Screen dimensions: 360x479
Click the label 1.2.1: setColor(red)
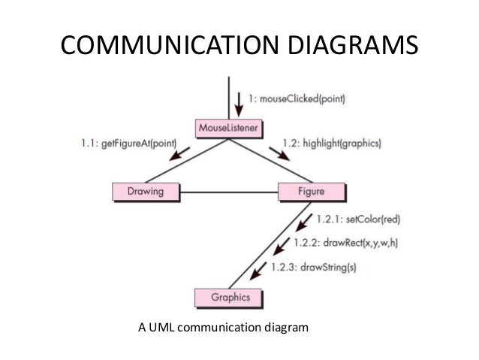coord(359,219)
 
